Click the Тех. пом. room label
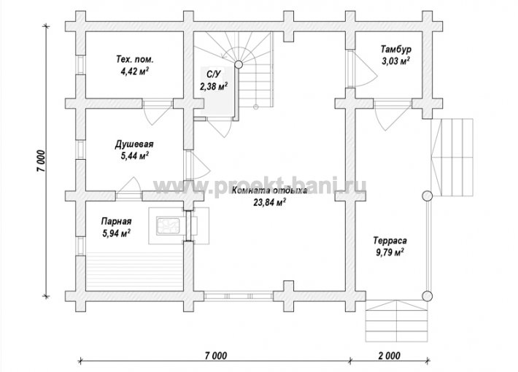click(135, 60)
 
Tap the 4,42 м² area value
click(135, 71)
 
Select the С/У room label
click(209, 73)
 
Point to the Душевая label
click(134, 144)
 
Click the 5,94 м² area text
click(116, 233)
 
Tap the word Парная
click(116, 221)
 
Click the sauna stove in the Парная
click(168, 226)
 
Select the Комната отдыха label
click(269, 190)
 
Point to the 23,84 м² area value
click(269, 202)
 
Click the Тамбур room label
click(396, 49)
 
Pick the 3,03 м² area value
click(396, 61)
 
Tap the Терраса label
click(390, 240)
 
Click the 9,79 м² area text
click(390, 252)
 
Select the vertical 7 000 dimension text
click(42, 161)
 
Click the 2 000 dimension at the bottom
click(389, 356)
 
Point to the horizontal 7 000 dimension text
click(216, 356)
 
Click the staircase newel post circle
click(238, 64)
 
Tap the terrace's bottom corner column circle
click(428, 296)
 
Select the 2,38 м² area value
click(214, 86)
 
